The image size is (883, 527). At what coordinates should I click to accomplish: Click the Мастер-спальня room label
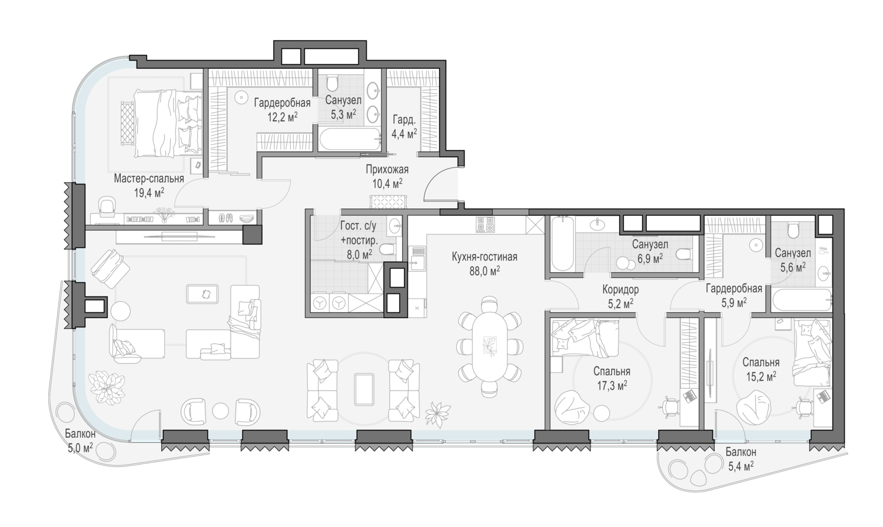click(149, 179)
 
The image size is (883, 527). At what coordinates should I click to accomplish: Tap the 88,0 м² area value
click(484, 271)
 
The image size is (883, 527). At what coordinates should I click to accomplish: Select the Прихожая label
click(387, 170)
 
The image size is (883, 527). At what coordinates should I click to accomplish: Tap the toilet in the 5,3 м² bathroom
click(333, 84)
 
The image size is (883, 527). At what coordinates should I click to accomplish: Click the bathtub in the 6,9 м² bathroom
click(560, 244)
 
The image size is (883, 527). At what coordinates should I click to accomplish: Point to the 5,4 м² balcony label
click(741, 459)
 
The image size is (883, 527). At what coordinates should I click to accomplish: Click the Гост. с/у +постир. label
click(358, 233)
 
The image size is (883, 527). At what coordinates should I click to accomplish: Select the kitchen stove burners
click(485, 225)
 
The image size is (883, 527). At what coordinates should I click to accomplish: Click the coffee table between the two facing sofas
click(363, 389)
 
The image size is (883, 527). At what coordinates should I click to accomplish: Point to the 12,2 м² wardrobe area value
click(282, 117)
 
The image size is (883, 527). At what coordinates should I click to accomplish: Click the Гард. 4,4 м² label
click(404, 127)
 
